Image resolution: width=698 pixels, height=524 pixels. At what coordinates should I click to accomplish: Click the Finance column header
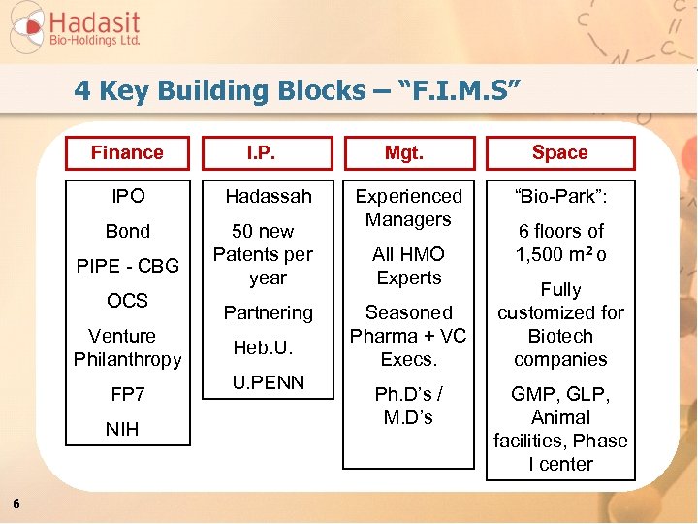[x=127, y=152]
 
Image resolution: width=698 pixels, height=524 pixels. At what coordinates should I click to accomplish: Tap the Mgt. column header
[x=409, y=153]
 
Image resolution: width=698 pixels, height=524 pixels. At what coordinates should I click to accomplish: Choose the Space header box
[x=559, y=153]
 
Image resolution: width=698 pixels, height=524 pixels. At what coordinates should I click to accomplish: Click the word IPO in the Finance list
[x=128, y=196]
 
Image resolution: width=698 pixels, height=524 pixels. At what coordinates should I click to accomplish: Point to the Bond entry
[x=128, y=231]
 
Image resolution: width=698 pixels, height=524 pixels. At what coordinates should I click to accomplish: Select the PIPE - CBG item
[x=128, y=266]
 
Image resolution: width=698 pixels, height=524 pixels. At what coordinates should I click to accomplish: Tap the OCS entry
[x=128, y=301]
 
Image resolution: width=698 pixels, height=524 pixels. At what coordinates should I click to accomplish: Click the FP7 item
[x=128, y=394]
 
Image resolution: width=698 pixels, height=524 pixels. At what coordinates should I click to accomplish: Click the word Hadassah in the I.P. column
[x=269, y=196]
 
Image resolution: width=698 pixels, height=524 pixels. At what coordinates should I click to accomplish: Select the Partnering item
[x=269, y=312]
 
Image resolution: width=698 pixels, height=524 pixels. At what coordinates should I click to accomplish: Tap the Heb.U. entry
[x=263, y=347]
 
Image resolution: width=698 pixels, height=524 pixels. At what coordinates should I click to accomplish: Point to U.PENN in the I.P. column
[x=269, y=382]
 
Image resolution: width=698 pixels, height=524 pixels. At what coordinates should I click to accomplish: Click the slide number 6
[x=16, y=502]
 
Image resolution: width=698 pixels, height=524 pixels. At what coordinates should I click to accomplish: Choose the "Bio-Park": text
[x=561, y=196]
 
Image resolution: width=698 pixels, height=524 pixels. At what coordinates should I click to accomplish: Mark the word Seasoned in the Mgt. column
[x=408, y=312]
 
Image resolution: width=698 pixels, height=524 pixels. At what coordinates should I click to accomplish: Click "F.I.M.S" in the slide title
[x=463, y=91]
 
